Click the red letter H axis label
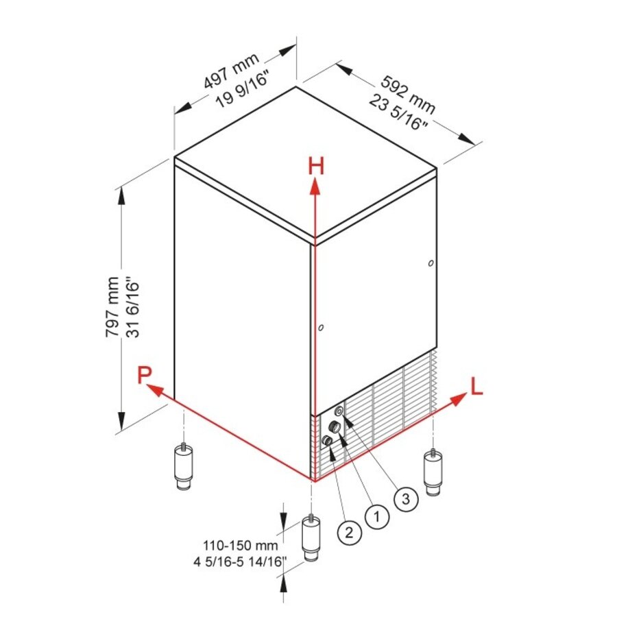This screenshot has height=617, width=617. (315, 165)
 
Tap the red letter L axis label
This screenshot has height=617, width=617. (476, 387)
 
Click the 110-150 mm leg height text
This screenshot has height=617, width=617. (240, 546)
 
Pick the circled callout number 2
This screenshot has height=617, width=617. (348, 531)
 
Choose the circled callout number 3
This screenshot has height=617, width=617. (406, 499)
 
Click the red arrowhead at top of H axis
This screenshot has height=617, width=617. (315, 186)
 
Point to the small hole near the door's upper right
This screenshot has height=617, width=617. (430, 263)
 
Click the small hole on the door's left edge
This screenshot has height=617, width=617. (321, 328)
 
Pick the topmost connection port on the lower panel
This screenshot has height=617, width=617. (339, 411)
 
